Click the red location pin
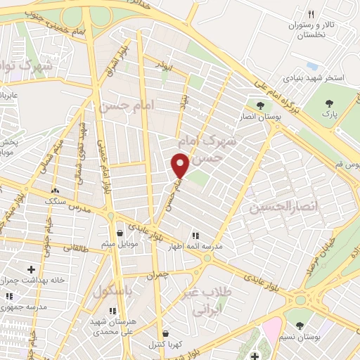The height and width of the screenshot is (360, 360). click(180, 166)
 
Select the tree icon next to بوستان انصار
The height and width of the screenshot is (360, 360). click(260, 105)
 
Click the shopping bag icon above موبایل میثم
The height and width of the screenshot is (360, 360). click(120, 233)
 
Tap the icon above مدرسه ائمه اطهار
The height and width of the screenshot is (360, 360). click(195, 236)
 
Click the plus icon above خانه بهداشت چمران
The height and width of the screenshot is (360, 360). click(30, 269)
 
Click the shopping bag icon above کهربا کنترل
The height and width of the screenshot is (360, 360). click(165, 333)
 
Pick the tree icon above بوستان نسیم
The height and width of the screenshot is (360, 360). click(300, 326)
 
